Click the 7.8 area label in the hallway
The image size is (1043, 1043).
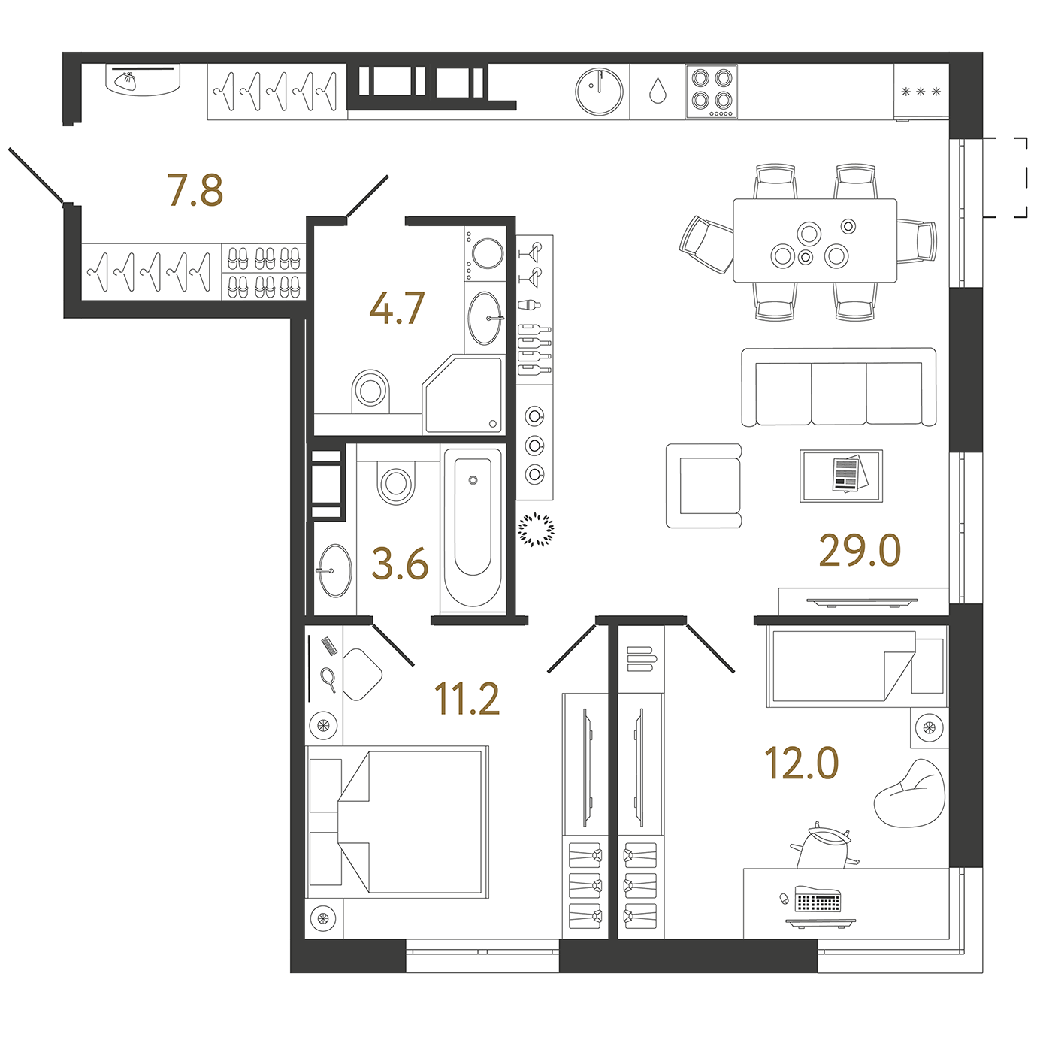tap(195, 190)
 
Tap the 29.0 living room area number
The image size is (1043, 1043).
tap(860, 550)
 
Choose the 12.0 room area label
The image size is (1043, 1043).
tap(802, 763)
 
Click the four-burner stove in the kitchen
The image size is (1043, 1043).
tap(711, 92)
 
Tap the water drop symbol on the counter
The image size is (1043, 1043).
tap(657, 90)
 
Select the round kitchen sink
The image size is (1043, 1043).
tap(599, 91)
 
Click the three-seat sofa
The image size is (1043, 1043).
tap(839, 387)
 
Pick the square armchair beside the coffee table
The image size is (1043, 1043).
tap(703, 485)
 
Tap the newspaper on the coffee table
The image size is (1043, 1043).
tap(848, 473)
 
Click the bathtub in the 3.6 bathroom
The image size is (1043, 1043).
tap(473, 528)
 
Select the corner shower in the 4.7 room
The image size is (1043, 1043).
tap(463, 394)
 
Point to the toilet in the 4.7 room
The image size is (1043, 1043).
tap(370, 391)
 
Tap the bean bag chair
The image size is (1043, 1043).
tap(910, 794)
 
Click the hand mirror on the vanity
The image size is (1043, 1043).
tap(328, 680)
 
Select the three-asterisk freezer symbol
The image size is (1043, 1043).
tap(921, 92)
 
